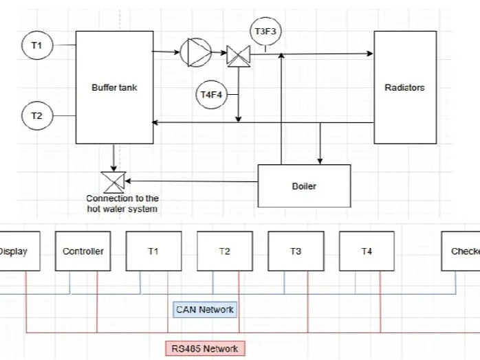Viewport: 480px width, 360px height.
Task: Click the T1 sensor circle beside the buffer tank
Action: (36, 46)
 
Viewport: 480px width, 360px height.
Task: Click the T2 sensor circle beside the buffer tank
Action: (36, 116)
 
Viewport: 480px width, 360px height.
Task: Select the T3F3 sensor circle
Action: (265, 32)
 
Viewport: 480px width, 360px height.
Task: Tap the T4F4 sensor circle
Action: (211, 95)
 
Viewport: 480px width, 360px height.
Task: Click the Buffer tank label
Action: (114, 87)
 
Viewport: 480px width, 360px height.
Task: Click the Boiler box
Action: (304, 185)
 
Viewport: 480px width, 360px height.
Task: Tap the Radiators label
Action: (404, 87)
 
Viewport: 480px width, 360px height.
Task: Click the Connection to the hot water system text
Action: (122, 203)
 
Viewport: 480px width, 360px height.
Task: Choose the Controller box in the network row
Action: (83, 251)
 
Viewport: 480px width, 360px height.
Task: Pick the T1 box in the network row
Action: (153, 251)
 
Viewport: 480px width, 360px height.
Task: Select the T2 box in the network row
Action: (225, 251)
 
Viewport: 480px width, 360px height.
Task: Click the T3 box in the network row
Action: (296, 251)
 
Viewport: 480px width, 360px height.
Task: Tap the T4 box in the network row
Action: (367, 251)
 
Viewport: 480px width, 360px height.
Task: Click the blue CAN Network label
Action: (205, 309)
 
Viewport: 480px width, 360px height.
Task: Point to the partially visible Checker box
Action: (462, 251)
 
